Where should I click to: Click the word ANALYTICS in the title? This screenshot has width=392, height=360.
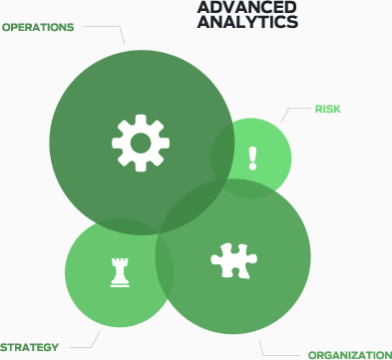(x=247, y=21)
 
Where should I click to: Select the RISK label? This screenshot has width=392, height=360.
(x=328, y=109)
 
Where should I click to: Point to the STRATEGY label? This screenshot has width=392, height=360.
(x=30, y=347)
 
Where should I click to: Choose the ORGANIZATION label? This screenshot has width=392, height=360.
(x=349, y=355)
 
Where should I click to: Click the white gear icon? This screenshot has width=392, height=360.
(x=140, y=142)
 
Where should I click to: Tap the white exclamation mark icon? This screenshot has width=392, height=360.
(x=252, y=158)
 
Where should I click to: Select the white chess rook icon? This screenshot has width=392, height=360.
(x=121, y=271)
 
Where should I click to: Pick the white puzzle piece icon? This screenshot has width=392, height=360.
(x=234, y=259)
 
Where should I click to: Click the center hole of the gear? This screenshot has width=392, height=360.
(x=140, y=142)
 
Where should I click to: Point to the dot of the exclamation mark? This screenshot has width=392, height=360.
(x=252, y=168)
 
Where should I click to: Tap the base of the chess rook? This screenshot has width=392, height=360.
(x=121, y=283)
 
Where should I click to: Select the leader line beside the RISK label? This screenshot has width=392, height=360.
(x=293, y=112)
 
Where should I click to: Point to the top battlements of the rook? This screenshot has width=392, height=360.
(x=121, y=259)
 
